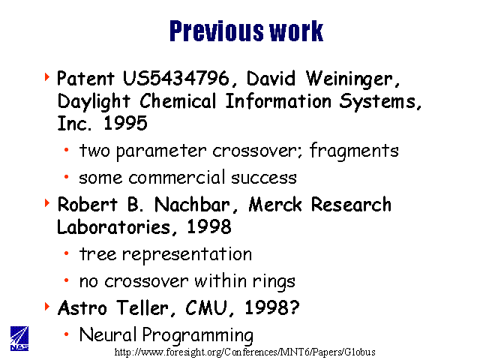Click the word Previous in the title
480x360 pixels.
(216, 31)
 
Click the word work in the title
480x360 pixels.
(296, 31)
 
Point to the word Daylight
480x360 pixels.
(94, 102)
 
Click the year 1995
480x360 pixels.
(125, 123)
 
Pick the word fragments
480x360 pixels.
(354, 151)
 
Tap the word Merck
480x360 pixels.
(274, 205)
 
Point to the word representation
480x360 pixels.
(187, 255)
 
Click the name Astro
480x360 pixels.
(82, 308)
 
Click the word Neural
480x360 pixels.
(107, 334)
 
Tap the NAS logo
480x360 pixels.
(19, 338)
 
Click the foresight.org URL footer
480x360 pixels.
(245, 352)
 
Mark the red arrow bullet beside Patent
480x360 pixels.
(46, 76)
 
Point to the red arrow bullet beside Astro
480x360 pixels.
(46, 307)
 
